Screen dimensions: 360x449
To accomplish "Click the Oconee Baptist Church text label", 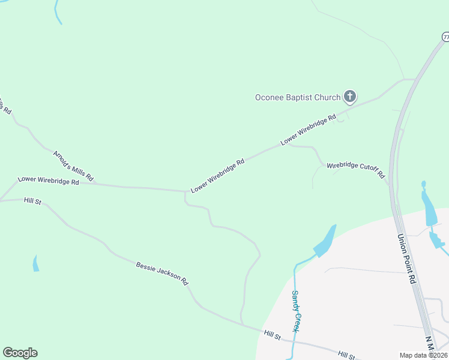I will (298, 97).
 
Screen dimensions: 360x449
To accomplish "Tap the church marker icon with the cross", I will (350, 97).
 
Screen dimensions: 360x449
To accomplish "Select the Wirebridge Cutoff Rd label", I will (355, 170).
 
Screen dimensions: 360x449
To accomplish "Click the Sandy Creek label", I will (295, 311).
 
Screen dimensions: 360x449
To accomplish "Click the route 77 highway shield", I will (445, 37).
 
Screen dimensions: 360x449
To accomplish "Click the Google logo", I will (20, 353).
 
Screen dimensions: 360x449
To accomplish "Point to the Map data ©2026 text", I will (423, 355).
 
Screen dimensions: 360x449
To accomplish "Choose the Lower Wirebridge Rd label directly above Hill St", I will (49, 180).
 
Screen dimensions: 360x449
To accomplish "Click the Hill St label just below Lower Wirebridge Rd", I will (32, 200).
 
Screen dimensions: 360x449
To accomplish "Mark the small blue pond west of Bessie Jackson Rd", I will (35, 263).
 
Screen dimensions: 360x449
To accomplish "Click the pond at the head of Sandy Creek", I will (325, 242).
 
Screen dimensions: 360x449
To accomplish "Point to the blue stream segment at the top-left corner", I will (58, 12).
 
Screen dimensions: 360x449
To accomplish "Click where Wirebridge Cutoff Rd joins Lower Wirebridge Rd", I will (289, 143).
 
